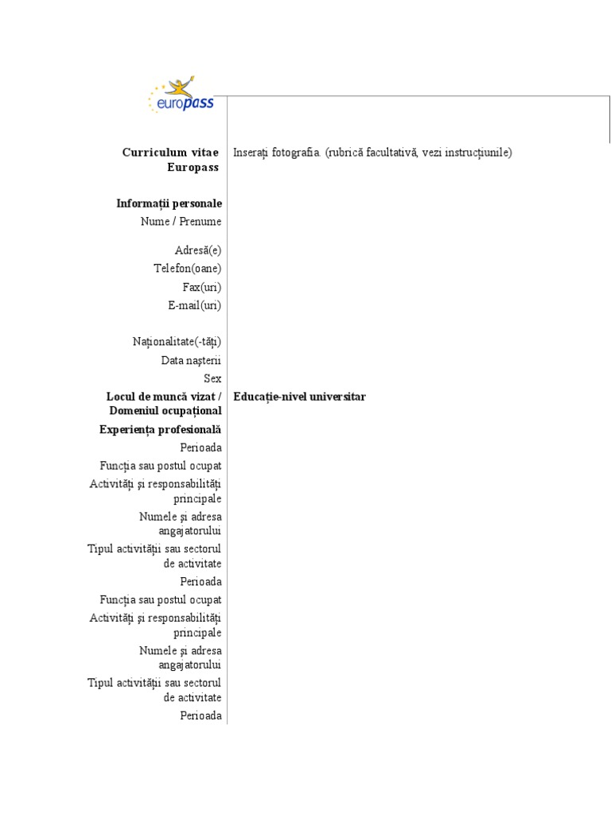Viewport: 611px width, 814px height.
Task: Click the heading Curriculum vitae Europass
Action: (x=171, y=159)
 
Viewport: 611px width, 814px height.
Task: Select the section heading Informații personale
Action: (x=169, y=203)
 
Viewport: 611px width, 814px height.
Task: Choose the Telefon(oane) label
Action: (x=188, y=269)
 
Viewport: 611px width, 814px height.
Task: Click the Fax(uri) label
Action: (x=202, y=287)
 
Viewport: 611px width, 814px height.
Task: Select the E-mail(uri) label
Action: (x=194, y=305)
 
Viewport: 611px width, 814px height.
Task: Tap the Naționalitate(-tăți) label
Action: (x=177, y=342)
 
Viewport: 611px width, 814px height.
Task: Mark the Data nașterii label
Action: (x=191, y=360)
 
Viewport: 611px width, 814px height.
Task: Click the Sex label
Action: (x=212, y=378)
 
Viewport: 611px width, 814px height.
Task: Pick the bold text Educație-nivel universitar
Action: (x=300, y=397)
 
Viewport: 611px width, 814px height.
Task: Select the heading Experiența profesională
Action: (x=160, y=429)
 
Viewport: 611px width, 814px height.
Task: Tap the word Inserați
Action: (x=251, y=152)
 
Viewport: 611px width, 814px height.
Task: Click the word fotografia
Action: (x=296, y=152)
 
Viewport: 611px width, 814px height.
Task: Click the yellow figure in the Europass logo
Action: (x=196, y=86)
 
